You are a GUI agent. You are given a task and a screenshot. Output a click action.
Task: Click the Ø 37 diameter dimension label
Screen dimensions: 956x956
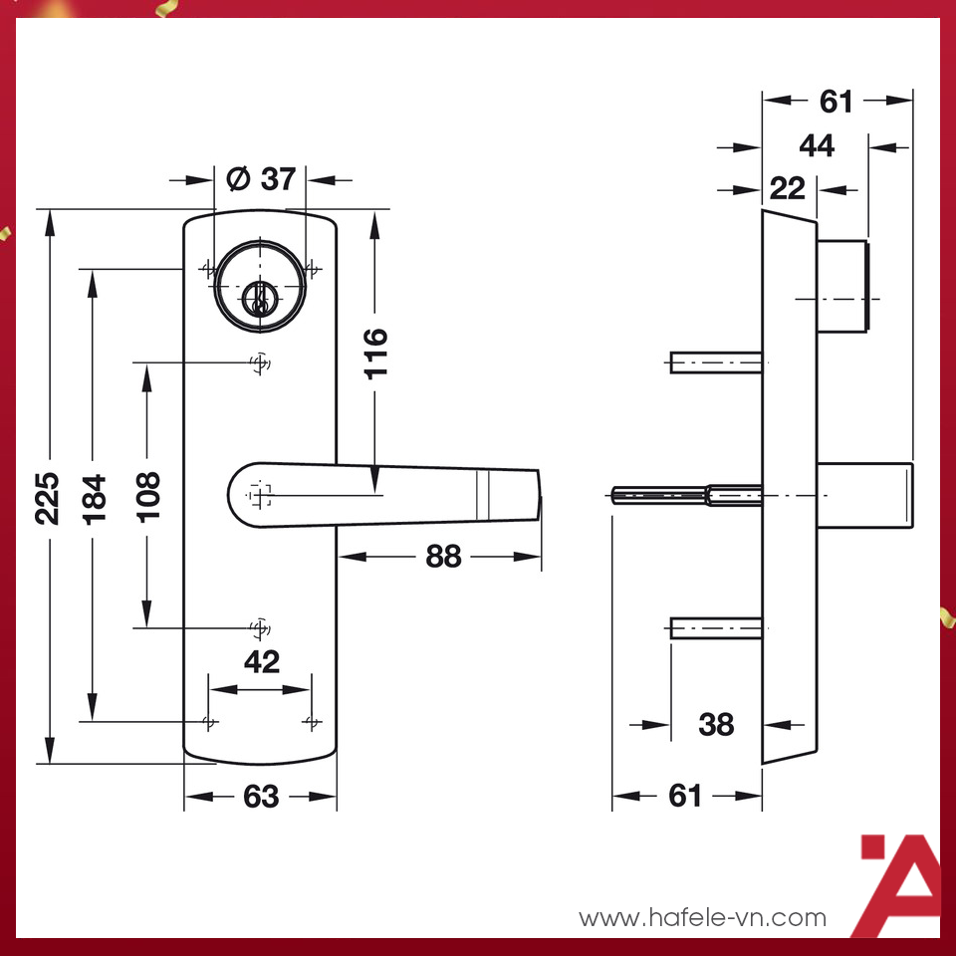click(261, 179)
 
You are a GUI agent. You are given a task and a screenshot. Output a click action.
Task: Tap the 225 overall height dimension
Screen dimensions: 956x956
click(49, 497)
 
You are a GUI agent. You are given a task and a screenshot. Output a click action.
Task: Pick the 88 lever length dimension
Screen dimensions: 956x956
click(443, 556)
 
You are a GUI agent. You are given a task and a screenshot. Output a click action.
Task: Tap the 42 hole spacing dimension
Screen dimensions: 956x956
click(261, 661)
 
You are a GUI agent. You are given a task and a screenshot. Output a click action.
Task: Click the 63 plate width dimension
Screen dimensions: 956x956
click(261, 797)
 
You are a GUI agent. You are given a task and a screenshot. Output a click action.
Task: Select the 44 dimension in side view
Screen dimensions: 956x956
click(817, 145)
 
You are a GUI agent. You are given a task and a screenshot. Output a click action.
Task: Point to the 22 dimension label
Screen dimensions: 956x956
click(787, 187)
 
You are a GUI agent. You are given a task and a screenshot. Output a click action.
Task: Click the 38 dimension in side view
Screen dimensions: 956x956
click(716, 724)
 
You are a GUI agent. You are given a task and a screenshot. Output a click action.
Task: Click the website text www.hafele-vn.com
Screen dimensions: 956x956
click(702, 917)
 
